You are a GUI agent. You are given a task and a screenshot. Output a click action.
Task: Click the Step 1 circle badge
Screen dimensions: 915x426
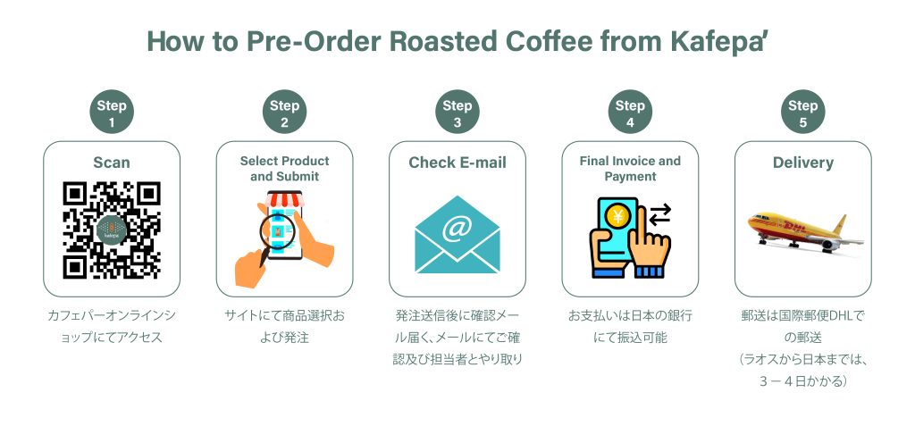click(112, 112)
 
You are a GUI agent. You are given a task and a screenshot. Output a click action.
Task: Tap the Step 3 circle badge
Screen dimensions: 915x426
click(457, 112)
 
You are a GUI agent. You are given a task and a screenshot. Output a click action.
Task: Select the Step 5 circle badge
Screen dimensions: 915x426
click(803, 112)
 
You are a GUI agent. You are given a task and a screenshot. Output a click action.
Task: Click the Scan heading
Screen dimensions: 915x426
click(112, 163)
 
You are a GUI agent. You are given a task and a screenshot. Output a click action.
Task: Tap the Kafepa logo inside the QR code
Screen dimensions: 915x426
click(112, 230)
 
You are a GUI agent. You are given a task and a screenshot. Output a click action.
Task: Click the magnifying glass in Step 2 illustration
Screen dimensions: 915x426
click(275, 237)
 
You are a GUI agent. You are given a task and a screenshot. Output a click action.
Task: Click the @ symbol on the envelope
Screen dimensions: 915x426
click(457, 230)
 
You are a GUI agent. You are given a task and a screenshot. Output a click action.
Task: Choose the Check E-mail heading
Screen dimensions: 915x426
click(457, 163)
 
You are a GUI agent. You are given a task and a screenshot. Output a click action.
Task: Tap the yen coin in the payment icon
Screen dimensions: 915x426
click(617, 216)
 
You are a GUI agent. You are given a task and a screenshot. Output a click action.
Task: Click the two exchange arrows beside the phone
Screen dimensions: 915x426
click(660, 214)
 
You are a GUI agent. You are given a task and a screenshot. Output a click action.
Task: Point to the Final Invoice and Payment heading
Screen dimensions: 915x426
click(630, 169)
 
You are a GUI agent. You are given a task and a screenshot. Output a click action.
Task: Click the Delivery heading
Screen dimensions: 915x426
click(803, 163)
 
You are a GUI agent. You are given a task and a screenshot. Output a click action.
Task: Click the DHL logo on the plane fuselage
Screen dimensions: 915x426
click(794, 225)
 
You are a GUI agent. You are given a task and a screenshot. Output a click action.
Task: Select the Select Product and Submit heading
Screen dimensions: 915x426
click(285, 169)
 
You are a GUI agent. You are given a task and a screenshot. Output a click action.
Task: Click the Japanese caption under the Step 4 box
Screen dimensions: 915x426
click(630, 327)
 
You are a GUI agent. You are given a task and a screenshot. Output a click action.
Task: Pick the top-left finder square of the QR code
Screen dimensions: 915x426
click(75, 194)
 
